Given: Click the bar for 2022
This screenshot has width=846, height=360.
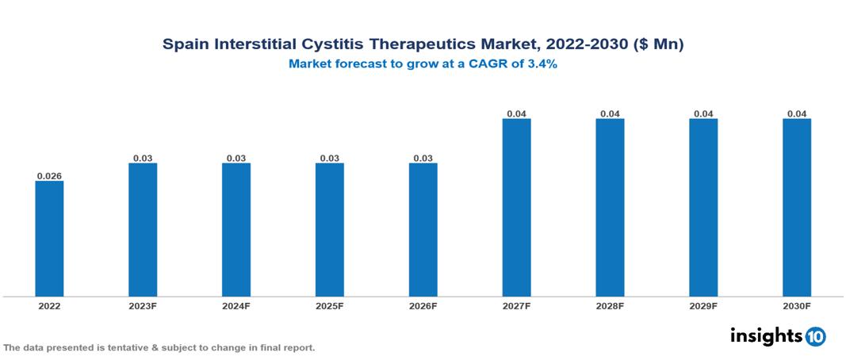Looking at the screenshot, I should [x=49, y=239].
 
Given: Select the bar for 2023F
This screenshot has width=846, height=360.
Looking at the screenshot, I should [x=143, y=230].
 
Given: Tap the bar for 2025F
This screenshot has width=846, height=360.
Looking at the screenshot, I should [x=330, y=230].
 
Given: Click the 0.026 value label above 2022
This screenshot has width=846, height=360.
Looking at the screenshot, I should [x=49, y=175].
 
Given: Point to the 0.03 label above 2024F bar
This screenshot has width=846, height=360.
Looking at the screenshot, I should [x=236, y=158].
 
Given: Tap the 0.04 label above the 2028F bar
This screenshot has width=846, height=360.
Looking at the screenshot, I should [x=610, y=113].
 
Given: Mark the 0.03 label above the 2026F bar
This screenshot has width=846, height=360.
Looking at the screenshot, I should [x=423, y=158].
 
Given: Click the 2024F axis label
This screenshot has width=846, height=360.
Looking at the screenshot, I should [x=236, y=305].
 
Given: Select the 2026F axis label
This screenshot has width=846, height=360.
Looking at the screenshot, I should [x=423, y=305].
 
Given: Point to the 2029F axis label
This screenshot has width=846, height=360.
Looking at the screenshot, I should [x=703, y=305].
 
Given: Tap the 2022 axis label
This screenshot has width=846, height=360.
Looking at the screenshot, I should [x=49, y=305].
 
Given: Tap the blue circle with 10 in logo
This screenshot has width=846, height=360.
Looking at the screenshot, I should [x=815, y=336].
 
